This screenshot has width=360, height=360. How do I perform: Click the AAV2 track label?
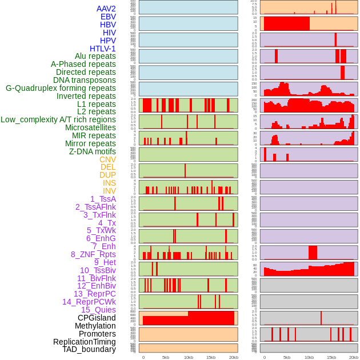click(106, 9)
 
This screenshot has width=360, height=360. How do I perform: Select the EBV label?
click(108, 17)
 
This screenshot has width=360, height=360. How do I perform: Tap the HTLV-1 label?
click(103, 49)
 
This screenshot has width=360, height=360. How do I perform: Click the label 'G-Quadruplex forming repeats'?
click(61, 88)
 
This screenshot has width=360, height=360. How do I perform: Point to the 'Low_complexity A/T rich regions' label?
click(58, 119)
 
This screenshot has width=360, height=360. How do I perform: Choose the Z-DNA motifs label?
click(93, 151)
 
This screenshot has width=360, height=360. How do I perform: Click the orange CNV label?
click(107, 159)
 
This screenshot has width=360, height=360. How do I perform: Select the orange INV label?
click(109, 191)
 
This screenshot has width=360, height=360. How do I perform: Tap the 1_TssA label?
click(103, 199)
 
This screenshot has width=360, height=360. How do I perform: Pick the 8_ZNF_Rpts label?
click(93, 254)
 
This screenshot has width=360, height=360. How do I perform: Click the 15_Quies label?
click(98, 310)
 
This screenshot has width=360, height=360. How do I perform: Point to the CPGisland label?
click(97, 318)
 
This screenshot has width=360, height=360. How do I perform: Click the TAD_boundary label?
click(89, 349)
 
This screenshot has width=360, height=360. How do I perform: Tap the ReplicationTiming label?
click(85, 342)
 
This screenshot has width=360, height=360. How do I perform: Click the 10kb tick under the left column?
click(188, 357)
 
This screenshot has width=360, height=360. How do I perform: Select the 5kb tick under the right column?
click(286, 357)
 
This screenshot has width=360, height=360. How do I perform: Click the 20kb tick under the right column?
click(354, 357)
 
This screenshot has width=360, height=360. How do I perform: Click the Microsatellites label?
click(90, 127)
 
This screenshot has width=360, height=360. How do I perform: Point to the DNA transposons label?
click(85, 80)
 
